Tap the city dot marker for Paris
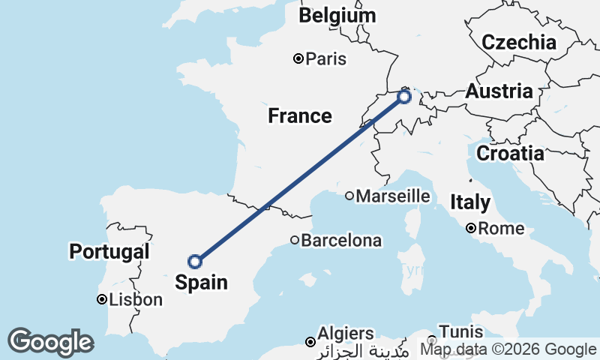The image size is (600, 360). point(298,58)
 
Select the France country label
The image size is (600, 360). point(300,115)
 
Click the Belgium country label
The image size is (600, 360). point(337,16)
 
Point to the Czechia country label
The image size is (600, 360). point(519,42)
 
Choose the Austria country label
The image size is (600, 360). point(499,91)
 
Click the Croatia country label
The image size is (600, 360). point(510,154)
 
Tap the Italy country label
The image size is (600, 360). point(470,202)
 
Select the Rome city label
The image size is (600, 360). point(499,228)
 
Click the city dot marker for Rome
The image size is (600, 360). point(470,228)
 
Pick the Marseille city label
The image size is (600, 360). point(393,196)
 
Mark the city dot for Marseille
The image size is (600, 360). point(349,196)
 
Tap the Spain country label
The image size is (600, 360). point(200,282)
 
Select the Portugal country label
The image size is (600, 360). point(109,251)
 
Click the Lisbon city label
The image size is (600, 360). point(136,300)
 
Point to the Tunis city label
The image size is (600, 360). point(461,331)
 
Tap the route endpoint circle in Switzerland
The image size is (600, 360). point(404,97)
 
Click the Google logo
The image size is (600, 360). point(50,342)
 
